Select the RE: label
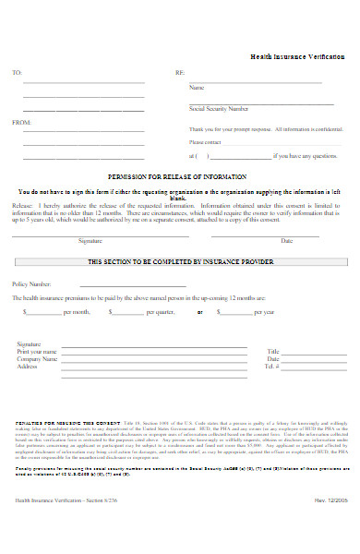[x=180, y=72]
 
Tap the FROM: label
[x=18, y=122]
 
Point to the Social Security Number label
[x=218, y=108]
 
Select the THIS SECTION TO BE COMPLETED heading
[x=180, y=262]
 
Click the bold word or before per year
[x=200, y=312]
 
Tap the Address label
[x=28, y=366]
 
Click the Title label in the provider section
[x=272, y=352]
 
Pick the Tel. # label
[x=271, y=366]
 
